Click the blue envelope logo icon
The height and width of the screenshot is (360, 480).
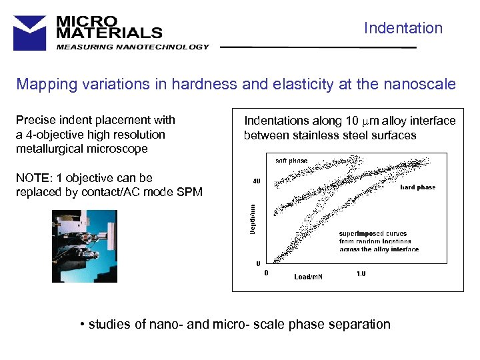(30, 33)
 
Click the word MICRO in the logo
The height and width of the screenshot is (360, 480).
(87, 21)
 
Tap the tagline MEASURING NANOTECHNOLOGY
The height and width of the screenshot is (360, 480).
(133, 47)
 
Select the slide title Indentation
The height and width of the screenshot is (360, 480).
(403, 28)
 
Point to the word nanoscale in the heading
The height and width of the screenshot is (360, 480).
(423, 85)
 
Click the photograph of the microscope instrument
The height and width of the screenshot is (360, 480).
(85, 246)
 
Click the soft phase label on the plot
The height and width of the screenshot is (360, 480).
(291, 161)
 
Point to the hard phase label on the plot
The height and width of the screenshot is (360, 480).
(417, 187)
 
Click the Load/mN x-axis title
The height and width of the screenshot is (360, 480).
(308, 276)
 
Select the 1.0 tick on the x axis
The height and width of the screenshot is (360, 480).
(361, 273)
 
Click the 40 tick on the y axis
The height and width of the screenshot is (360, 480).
(256, 181)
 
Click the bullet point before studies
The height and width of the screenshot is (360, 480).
(81, 325)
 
